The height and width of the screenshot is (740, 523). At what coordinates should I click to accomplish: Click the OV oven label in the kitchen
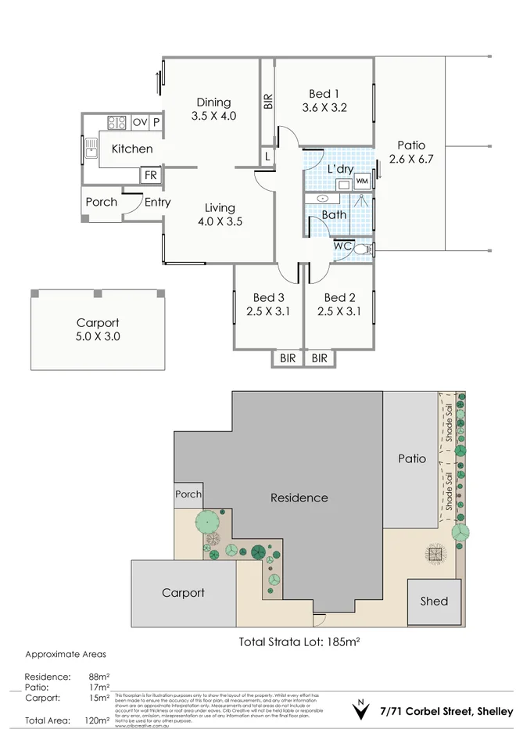tap(140, 122)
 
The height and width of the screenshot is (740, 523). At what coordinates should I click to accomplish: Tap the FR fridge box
tap(150, 175)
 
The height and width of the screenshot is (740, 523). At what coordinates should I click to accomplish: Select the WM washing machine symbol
tap(361, 181)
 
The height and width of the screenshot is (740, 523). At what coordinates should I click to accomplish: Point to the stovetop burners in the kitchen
tap(116, 122)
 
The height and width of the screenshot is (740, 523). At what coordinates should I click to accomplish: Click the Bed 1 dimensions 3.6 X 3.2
tap(324, 109)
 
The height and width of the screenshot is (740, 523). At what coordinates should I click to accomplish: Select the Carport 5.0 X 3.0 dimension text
tap(98, 337)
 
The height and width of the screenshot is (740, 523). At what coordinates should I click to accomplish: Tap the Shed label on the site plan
tap(434, 601)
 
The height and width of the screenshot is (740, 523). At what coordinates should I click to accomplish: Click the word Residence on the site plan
tap(299, 498)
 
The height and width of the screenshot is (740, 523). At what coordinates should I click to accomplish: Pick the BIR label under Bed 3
tap(287, 358)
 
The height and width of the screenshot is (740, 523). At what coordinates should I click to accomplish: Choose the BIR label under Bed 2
tap(319, 358)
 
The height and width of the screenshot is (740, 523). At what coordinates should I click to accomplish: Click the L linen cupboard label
tap(267, 156)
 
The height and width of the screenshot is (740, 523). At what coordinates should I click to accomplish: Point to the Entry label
tap(157, 202)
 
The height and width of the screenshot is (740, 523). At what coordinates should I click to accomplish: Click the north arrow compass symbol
tap(360, 711)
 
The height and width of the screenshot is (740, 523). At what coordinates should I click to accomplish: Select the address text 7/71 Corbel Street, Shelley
tap(446, 712)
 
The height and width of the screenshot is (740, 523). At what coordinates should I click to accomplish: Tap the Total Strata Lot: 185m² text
tap(303, 641)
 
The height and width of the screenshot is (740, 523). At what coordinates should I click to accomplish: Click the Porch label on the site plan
tap(188, 494)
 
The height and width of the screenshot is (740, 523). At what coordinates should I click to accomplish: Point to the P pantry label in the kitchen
tap(156, 122)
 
